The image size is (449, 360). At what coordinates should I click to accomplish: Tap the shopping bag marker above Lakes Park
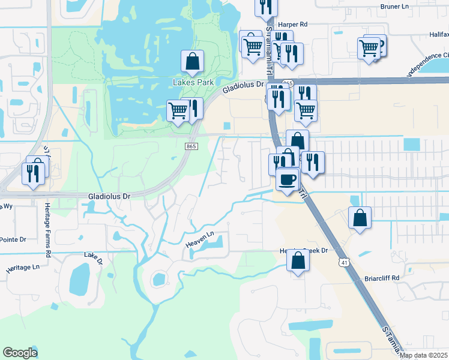pos(191,61)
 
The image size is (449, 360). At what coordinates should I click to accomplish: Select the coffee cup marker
pos(288,179)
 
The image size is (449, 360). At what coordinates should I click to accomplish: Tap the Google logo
pos(20,353)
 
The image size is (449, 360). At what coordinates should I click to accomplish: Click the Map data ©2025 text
pos(423,355)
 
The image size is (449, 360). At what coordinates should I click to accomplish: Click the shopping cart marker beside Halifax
pos(369,48)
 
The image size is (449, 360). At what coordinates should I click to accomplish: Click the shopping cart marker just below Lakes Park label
pos(178,111)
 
